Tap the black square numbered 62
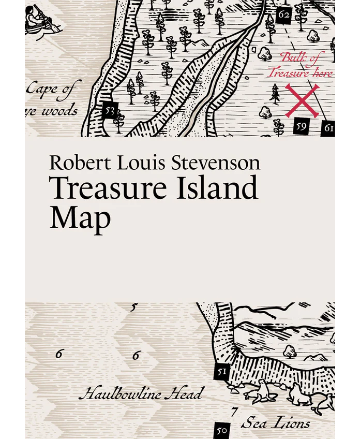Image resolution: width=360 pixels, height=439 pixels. (x=283, y=14)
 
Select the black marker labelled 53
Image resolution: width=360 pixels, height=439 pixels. (x=109, y=110)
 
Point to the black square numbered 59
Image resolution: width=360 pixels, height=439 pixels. (x=302, y=125)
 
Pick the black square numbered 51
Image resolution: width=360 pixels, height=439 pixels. (x=222, y=372)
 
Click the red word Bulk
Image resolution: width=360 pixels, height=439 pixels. (x=292, y=58)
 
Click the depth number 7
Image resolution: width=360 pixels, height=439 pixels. (x=234, y=413)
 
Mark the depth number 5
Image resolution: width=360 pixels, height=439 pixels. (x=133, y=308)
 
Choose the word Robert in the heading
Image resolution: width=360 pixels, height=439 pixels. (x=74, y=163)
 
